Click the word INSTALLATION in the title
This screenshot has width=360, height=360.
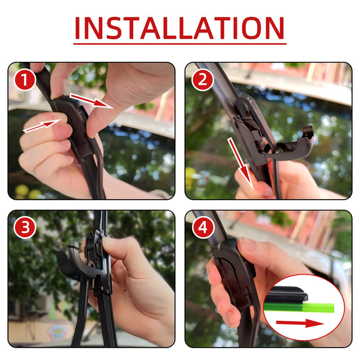[180, 28]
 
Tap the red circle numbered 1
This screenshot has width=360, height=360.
[25, 79]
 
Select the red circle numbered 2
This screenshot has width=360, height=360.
[202, 79]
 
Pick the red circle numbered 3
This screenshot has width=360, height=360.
[25, 227]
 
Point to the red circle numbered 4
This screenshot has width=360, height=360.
[203, 227]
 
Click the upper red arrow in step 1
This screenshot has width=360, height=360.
[91, 100]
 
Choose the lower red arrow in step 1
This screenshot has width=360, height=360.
[42, 125]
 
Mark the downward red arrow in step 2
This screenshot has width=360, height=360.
[241, 164]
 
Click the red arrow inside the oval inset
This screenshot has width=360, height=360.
[300, 323]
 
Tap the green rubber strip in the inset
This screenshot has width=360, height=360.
[299, 307]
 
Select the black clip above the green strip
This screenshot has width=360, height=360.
[286, 294]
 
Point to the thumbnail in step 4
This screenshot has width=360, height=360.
[247, 244]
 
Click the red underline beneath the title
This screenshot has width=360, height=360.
[180, 43]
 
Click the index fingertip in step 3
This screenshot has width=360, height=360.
[110, 243]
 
